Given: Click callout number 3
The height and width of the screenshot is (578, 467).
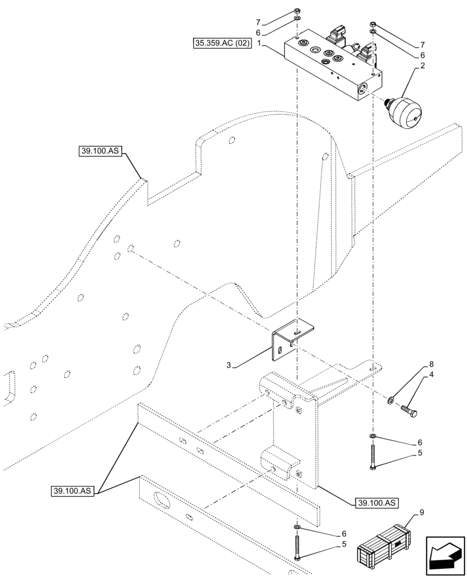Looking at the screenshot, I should point(228,365).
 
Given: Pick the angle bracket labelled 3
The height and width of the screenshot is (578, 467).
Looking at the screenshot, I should point(292,340).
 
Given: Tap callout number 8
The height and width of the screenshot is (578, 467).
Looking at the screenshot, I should point(431,365).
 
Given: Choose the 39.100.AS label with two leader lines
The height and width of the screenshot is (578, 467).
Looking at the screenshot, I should point(73,491).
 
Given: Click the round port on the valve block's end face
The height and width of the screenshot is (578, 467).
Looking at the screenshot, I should point(363,88).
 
